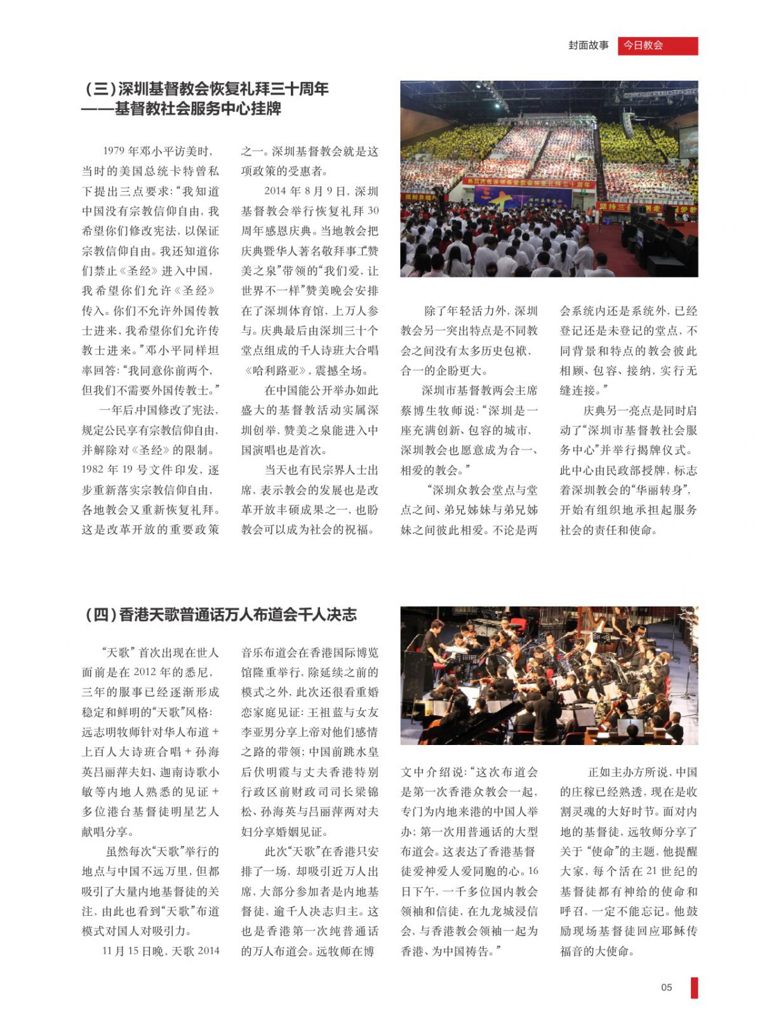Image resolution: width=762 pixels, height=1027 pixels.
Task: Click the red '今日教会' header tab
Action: (657, 46)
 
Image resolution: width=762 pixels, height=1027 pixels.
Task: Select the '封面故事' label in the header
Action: (588, 46)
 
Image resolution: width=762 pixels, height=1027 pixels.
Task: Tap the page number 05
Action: (666, 987)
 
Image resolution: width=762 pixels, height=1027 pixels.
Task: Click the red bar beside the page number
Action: (694, 987)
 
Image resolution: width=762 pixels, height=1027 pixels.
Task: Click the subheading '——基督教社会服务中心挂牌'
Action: (182, 109)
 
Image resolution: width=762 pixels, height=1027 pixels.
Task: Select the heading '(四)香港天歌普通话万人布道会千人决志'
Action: (220, 615)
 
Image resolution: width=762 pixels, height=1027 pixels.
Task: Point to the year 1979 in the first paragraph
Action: (113, 152)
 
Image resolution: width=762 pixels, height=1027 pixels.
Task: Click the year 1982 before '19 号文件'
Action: (95, 471)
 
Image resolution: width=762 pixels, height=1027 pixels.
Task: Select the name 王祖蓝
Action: (327, 713)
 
